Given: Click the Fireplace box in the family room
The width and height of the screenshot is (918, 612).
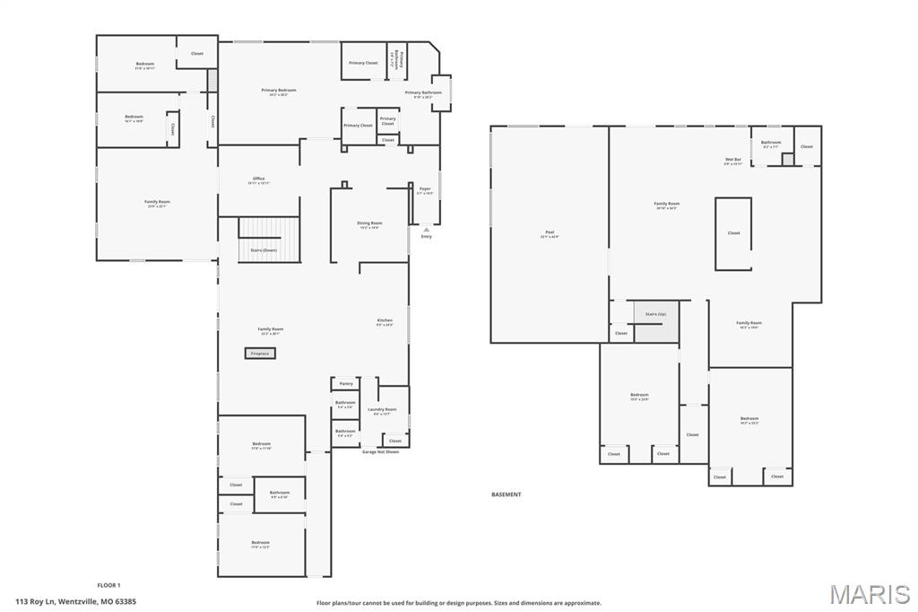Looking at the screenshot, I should (260, 354).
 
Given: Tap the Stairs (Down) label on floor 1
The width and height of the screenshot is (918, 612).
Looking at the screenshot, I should (264, 250).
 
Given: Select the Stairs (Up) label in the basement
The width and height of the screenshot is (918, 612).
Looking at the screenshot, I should (656, 314).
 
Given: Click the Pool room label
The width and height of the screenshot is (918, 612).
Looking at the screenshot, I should (550, 234).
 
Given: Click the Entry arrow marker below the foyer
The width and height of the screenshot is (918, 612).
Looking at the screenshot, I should (426, 231).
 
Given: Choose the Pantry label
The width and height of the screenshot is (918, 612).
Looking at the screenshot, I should (346, 384).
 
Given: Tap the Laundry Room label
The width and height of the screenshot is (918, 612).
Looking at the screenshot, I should (382, 411).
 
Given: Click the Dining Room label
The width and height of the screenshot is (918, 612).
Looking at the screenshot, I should (369, 225).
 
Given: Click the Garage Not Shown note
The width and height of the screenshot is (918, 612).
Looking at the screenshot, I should (380, 452).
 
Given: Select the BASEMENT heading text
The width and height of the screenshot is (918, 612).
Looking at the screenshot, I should (506, 494).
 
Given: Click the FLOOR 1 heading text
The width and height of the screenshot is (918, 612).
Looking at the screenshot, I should (108, 585).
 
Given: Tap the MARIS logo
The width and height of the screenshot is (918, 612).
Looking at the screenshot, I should (870, 593).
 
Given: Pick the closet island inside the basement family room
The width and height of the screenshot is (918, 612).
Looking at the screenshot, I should (732, 233).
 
